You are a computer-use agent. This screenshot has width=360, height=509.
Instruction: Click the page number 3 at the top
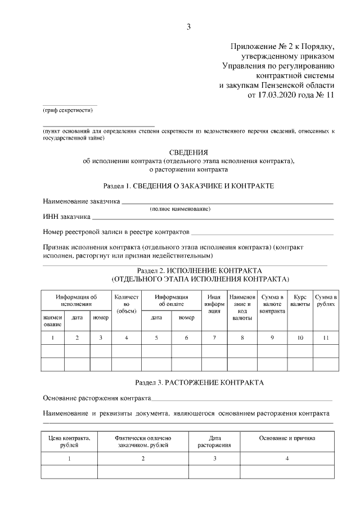point(188,26)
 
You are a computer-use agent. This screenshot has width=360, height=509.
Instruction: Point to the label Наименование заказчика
point(81,201)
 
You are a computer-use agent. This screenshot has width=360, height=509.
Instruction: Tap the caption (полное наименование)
point(180,209)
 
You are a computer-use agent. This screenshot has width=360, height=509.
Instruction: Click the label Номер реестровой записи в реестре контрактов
point(116,232)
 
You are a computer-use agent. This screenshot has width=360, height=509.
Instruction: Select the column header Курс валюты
point(300,300)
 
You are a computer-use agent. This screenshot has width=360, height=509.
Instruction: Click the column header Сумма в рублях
point(326,300)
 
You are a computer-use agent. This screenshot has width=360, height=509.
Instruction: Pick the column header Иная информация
point(213,304)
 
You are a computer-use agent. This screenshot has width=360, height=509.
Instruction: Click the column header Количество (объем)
point(126,304)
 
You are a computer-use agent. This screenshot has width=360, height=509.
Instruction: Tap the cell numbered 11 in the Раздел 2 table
point(326,338)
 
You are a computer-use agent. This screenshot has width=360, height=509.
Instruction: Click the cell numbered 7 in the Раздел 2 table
point(213,338)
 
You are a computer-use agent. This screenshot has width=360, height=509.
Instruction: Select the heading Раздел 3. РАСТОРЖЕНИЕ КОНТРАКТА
point(188,382)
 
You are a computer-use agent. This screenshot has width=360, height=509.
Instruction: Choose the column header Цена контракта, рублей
point(70,441)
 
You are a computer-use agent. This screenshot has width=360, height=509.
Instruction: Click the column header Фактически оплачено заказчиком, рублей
point(143,441)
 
